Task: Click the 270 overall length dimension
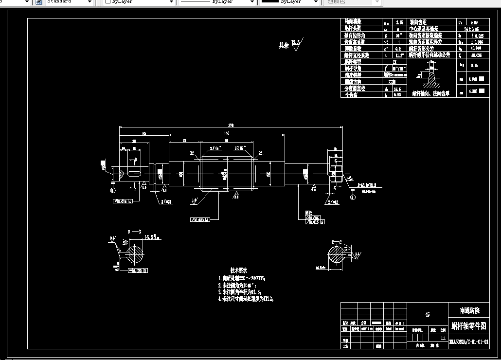pyautogui.click(x=231, y=125)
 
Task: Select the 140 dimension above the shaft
pyautogui.click(x=226, y=133)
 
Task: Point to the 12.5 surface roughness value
pyautogui.click(x=296, y=42)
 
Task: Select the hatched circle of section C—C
pyautogui.click(x=336, y=254)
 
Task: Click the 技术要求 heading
pyautogui.click(x=239, y=270)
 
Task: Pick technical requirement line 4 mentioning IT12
pyautogui.click(x=246, y=299)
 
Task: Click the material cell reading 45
pyautogui.click(x=427, y=315)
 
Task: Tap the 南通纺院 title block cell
pyautogui.click(x=469, y=310)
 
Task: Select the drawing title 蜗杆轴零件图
pyautogui.click(x=468, y=325)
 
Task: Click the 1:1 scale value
pyautogui.click(x=443, y=338)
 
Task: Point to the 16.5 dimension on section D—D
pyautogui.click(x=150, y=237)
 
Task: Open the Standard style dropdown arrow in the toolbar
pyautogui.click(x=89, y=2)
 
